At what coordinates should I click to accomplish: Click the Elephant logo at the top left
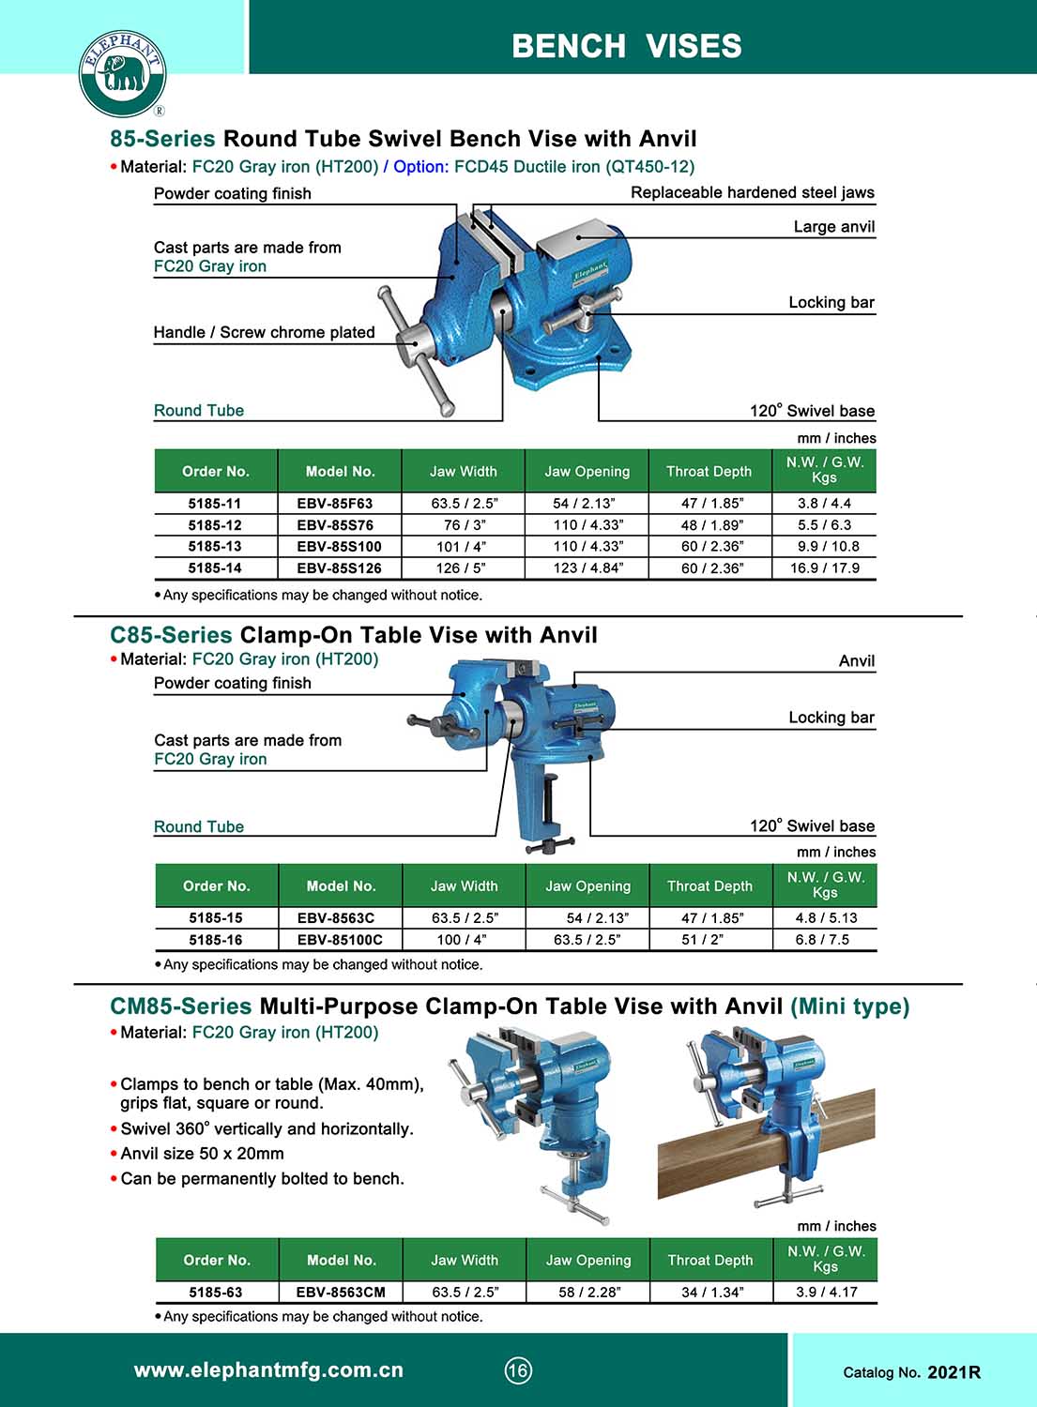[x=122, y=73]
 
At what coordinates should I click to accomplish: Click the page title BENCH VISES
[x=626, y=45]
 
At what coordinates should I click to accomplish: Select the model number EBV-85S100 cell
[x=339, y=546]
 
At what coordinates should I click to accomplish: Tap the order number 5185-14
[x=215, y=567]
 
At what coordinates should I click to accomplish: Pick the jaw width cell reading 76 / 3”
[x=465, y=524]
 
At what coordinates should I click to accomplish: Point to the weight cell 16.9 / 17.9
[x=824, y=567]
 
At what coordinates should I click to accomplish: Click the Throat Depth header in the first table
[x=709, y=471]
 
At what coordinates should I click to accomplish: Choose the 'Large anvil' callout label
[x=833, y=226]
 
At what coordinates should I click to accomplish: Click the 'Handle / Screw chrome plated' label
[x=264, y=332]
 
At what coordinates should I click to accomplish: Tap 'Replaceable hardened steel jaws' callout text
[x=752, y=192]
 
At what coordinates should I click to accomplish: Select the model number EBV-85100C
[x=340, y=939]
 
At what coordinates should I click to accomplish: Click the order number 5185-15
[x=215, y=917]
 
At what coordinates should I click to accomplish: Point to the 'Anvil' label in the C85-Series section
[x=856, y=660]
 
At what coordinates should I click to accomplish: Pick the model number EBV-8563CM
[x=341, y=1292]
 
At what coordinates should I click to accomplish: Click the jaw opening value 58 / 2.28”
[x=588, y=1292]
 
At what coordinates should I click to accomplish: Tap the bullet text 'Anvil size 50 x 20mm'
[x=202, y=1153]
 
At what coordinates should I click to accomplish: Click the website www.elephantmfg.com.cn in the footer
[x=268, y=1369]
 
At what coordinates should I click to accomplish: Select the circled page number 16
[x=518, y=1370]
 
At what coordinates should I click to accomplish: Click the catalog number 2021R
[x=953, y=1372]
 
